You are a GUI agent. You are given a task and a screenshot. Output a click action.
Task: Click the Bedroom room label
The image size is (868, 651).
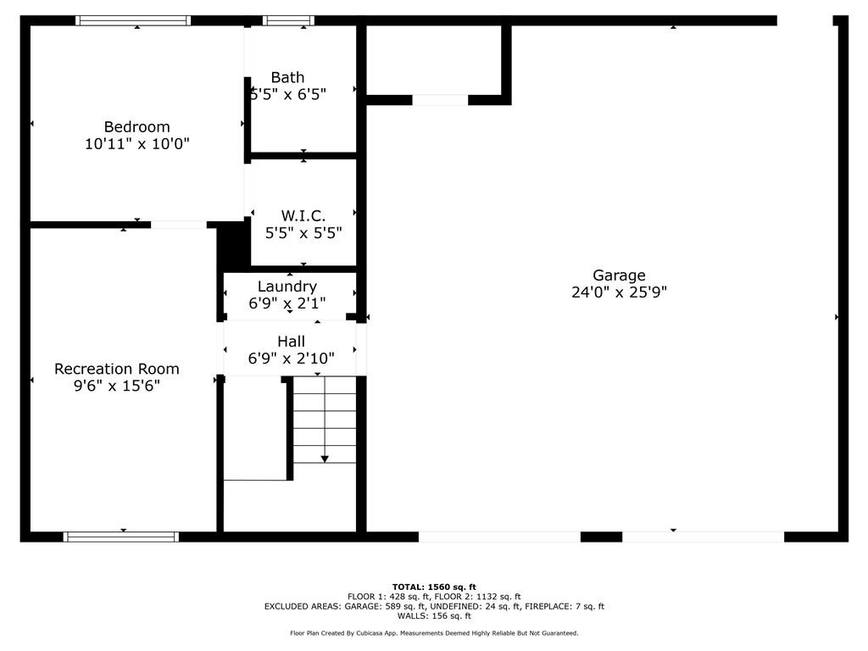point(136,127)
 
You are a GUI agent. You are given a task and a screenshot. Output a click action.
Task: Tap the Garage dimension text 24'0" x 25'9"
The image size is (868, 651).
point(619,292)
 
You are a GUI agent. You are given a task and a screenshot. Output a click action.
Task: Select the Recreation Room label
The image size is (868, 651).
point(117,369)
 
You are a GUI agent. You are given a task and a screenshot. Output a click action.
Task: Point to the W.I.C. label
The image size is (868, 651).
point(303,215)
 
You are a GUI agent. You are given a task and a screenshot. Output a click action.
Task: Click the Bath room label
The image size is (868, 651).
point(287,77)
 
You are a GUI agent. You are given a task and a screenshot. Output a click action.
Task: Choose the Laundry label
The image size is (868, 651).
point(287,287)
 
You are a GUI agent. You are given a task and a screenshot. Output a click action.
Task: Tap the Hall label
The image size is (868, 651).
point(292,342)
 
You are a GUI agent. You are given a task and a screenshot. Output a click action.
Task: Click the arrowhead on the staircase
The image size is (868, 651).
point(325,459)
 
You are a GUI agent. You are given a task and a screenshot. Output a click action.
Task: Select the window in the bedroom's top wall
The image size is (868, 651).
point(133,21)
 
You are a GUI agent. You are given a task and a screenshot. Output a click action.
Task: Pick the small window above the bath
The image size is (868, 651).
point(288,21)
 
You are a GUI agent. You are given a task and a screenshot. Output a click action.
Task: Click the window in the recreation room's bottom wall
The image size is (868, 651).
point(121,537)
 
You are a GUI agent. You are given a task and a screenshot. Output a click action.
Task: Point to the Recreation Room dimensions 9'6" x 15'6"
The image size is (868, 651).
point(117,386)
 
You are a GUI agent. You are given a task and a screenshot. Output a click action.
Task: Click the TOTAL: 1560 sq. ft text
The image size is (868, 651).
point(434,587)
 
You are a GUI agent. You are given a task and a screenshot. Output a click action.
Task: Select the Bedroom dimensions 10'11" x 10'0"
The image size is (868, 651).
point(136,144)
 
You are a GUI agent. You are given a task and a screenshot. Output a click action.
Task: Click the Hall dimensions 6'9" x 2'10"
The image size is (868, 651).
point(292,359)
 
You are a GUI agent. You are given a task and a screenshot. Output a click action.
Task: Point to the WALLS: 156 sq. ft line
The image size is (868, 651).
point(434,616)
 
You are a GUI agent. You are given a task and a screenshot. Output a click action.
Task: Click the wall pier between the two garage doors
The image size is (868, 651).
point(601,537)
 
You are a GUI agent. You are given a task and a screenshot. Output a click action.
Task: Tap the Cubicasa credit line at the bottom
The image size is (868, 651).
point(434,633)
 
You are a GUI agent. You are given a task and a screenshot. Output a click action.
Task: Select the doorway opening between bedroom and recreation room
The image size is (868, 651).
point(179,225)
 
